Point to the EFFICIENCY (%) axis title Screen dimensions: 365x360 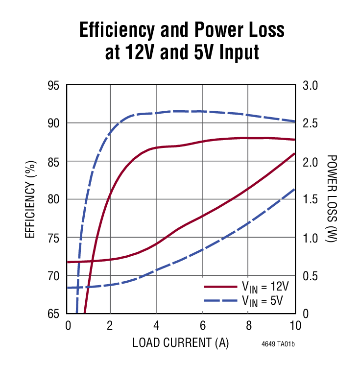coord(30,199)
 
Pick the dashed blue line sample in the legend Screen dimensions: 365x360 coord(219,299)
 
